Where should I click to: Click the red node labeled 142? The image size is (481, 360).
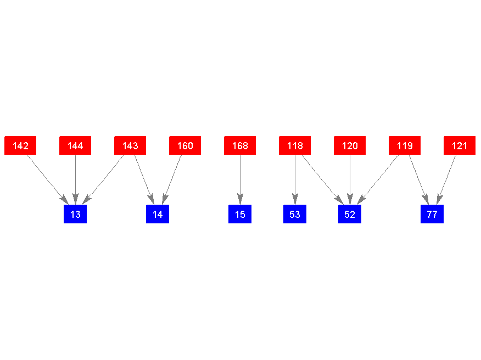pyautogui.click(x=20, y=145)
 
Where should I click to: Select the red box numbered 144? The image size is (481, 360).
pyautogui.click(x=75, y=145)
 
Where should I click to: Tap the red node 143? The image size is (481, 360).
pyautogui.click(x=130, y=145)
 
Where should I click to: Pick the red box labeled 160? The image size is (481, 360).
pyautogui.click(x=185, y=145)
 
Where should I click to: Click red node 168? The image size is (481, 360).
pyautogui.click(x=240, y=145)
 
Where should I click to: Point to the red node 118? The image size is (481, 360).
pyautogui.click(x=295, y=145)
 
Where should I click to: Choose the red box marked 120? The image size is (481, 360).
pyautogui.click(x=350, y=145)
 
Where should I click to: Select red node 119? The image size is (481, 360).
pyautogui.click(x=405, y=145)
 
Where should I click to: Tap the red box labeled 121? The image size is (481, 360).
pyautogui.click(x=460, y=145)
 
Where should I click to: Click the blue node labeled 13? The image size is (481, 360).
pyautogui.click(x=75, y=214)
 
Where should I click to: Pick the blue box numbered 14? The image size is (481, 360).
pyautogui.click(x=158, y=214)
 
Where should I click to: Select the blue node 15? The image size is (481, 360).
pyautogui.click(x=240, y=214)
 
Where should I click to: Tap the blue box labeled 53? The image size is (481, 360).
pyautogui.click(x=295, y=214)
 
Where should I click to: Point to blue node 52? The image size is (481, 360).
pyautogui.click(x=350, y=214)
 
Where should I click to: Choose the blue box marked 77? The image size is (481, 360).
pyautogui.click(x=432, y=214)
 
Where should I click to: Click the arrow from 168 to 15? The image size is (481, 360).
pyautogui.click(x=240, y=180)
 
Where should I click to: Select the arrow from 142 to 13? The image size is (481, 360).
pyautogui.click(x=48, y=180)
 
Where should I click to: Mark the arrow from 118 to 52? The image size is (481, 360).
pyautogui.click(x=323, y=180)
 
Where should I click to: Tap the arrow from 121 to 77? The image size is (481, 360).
pyautogui.click(x=446, y=180)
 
